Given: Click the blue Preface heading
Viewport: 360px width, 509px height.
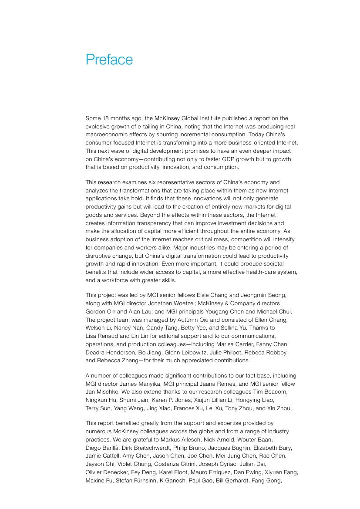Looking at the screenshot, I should [x=109, y=60].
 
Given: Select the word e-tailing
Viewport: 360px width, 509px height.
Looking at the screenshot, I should [x=145, y=126].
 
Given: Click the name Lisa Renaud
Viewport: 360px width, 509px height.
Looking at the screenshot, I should [x=102, y=336].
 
